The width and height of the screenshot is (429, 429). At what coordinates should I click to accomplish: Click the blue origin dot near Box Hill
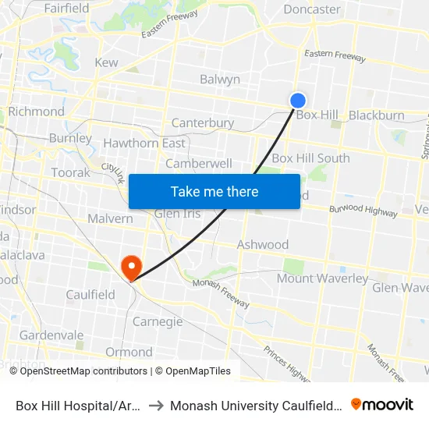click(297, 101)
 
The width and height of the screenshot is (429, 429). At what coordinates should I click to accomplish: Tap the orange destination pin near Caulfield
click(130, 268)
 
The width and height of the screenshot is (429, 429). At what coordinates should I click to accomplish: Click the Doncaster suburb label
click(312, 9)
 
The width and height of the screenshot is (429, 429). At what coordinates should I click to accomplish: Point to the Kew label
click(106, 62)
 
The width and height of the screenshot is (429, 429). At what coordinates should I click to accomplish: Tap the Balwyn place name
click(220, 80)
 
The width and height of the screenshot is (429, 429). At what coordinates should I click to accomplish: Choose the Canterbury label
click(203, 123)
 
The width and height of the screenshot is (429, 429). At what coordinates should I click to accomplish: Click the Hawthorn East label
click(145, 144)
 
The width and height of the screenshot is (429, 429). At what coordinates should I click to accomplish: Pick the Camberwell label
click(199, 164)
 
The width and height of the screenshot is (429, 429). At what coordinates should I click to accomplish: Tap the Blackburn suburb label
click(377, 115)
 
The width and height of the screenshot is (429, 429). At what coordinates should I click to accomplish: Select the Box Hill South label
click(310, 158)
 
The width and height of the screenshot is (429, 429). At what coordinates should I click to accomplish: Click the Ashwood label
click(263, 244)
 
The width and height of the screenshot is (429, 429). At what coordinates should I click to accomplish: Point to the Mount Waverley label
click(322, 278)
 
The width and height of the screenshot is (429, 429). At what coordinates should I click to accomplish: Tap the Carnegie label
click(158, 321)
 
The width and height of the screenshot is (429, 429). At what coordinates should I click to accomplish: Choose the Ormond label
click(129, 352)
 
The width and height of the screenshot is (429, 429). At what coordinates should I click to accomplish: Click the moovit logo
click(381, 404)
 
